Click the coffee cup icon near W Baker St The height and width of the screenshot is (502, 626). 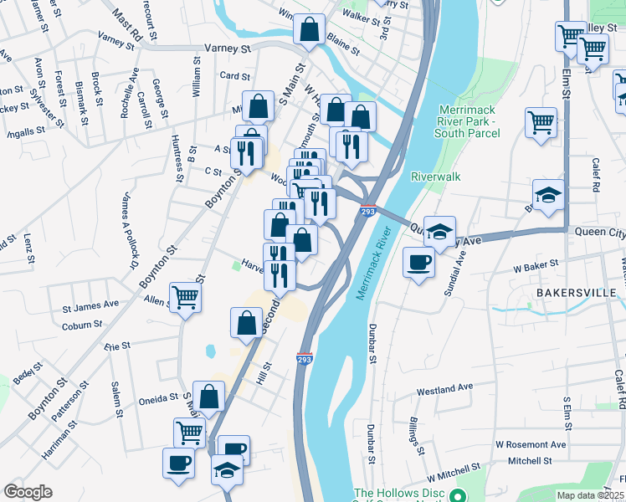point(418,263)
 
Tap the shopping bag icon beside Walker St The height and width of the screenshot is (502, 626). point(309,29)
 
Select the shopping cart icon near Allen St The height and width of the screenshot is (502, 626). point(185,296)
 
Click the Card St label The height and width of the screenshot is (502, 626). point(229,75)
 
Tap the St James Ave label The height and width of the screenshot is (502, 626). point(90,304)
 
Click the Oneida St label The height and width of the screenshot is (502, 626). point(158,397)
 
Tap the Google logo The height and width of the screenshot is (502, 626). point(28,492)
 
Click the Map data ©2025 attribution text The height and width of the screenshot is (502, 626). point(589,495)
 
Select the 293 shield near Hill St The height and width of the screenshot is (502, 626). point(305,358)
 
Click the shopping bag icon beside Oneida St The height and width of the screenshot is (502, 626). point(210,396)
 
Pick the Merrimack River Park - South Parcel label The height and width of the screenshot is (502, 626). point(469,121)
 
